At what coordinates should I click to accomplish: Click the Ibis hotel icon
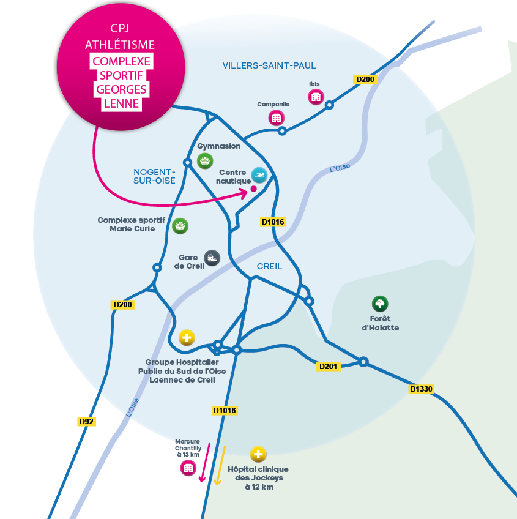(x=316, y=97)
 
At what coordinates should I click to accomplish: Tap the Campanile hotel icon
(x=276, y=118)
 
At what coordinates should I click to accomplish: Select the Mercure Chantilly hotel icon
(x=188, y=468)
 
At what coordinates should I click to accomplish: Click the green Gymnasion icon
(x=206, y=160)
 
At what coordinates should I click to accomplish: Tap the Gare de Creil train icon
(x=212, y=258)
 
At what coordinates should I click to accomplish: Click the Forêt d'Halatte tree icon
(x=380, y=303)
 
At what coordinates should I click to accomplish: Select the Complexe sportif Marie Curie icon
(x=180, y=226)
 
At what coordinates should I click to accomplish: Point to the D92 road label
(x=87, y=421)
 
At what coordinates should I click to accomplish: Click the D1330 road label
(x=422, y=389)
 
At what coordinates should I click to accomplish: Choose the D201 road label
(x=329, y=366)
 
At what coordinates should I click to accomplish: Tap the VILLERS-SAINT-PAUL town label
(x=269, y=65)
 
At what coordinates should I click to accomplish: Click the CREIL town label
(x=269, y=266)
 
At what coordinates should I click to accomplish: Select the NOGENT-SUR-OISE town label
(x=155, y=176)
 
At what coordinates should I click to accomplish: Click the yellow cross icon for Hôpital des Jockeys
(x=259, y=454)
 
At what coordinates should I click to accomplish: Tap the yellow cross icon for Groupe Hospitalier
(x=187, y=337)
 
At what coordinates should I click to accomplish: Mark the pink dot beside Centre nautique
(x=253, y=190)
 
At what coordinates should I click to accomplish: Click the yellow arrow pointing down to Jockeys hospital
(x=220, y=465)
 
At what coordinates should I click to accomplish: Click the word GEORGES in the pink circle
(x=122, y=89)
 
